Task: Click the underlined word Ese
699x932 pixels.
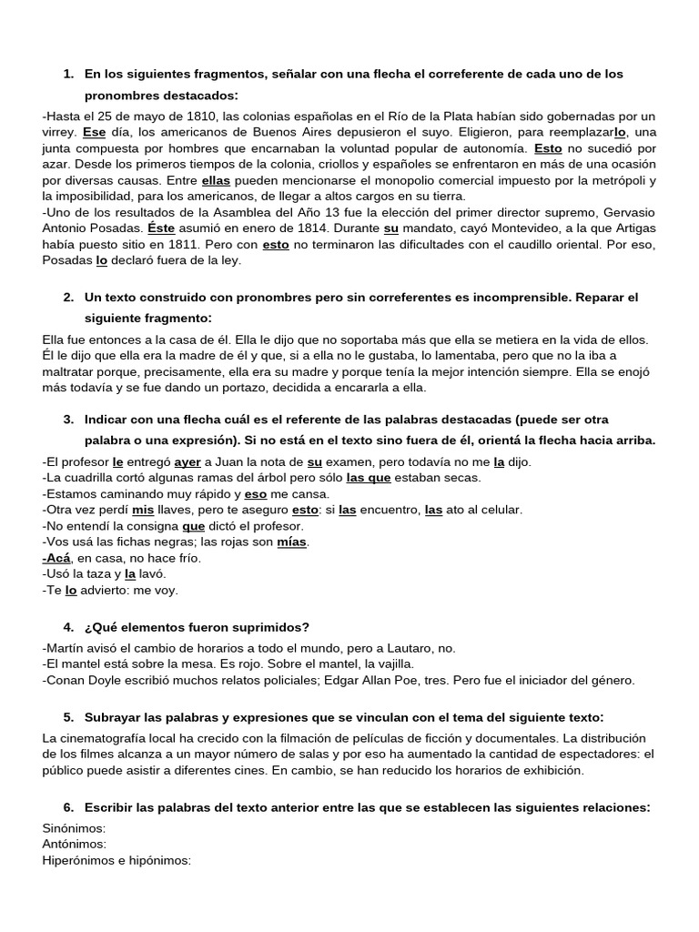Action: (x=95, y=132)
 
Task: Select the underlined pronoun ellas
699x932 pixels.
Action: (x=217, y=181)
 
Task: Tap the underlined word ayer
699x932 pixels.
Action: (x=187, y=461)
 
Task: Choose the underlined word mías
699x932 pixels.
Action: (x=292, y=542)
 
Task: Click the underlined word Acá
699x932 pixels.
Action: (x=56, y=558)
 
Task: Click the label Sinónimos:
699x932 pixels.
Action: (x=75, y=828)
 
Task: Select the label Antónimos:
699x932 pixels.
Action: (x=75, y=844)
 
